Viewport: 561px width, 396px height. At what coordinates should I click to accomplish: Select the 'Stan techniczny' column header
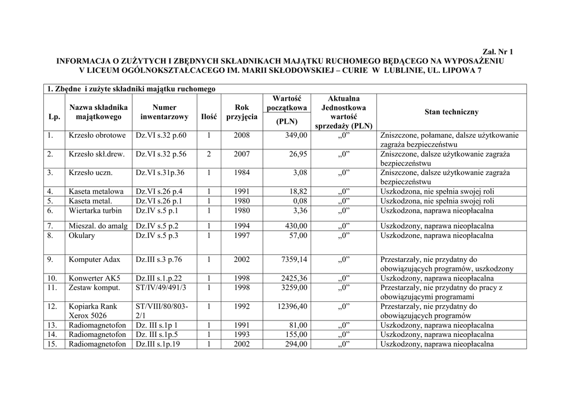(451, 112)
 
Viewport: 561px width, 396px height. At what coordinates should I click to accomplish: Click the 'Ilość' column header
(209, 117)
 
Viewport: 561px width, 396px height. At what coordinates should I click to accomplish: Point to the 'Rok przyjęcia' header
(242, 112)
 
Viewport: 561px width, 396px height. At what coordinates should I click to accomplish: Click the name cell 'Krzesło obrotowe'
(97, 135)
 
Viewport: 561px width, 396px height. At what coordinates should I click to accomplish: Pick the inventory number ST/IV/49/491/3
(161, 287)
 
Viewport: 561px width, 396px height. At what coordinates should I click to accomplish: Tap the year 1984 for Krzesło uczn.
(242, 173)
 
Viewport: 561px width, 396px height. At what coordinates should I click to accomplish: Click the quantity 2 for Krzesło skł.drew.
(209, 154)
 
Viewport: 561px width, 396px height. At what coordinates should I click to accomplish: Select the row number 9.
(51, 259)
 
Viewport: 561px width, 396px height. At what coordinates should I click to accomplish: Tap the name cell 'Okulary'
(82, 236)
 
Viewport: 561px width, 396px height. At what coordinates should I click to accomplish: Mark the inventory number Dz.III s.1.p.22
(158, 278)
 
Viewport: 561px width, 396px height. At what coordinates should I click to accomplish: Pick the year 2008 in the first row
(242, 135)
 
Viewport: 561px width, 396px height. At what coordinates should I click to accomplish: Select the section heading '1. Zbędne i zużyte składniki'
(131, 89)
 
